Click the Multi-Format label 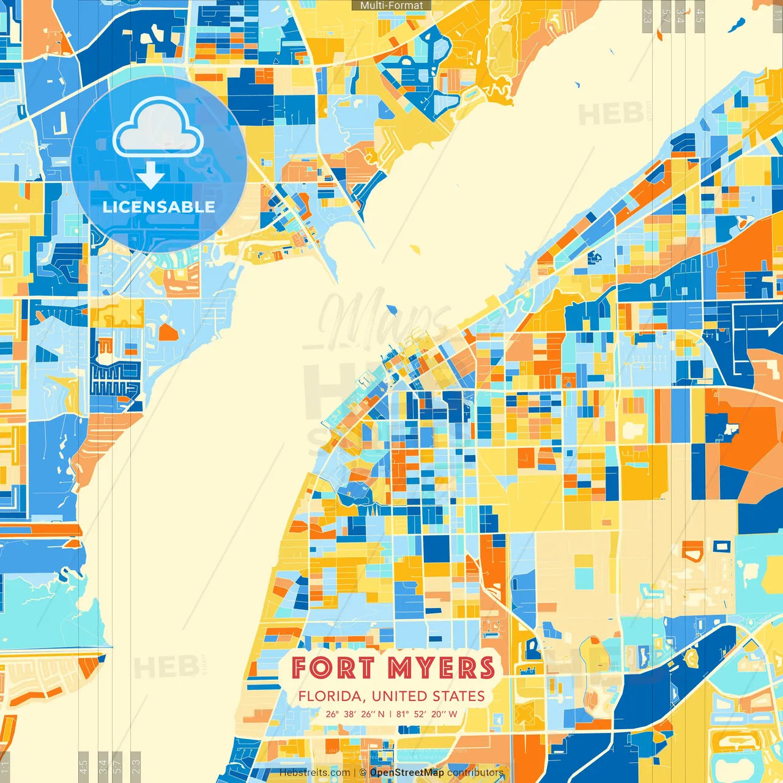391,6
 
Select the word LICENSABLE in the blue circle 158,207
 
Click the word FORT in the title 332,668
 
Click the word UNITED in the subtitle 399,697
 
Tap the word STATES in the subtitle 459,697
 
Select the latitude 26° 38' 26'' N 355,714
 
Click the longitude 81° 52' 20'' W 427,714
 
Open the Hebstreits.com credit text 314,773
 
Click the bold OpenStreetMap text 407,773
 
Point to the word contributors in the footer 475,773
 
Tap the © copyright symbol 363,773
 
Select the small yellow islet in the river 415,250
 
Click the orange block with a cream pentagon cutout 692,551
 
